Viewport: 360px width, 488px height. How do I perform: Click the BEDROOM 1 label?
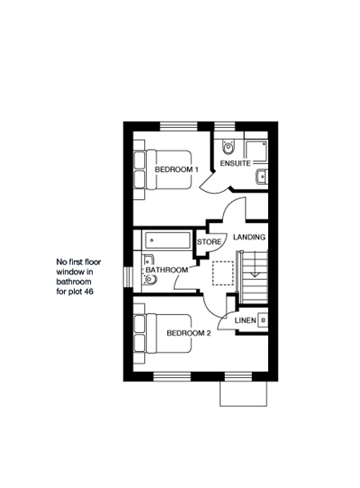coord(176,169)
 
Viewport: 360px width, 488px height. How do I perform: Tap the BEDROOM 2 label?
coord(189,333)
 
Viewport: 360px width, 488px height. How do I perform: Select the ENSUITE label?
coord(235,163)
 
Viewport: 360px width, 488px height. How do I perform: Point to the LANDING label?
coord(249,237)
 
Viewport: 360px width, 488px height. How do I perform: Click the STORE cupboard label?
coord(209,242)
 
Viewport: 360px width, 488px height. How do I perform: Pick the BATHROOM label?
coord(166,270)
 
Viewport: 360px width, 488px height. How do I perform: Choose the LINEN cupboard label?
coord(246,321)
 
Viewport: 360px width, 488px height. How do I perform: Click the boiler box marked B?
coord(263,321)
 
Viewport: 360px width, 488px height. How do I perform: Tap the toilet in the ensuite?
coord(229,147)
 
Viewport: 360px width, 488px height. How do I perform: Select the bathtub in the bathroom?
coord(166,240)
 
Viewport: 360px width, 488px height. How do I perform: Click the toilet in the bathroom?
coord(149,279)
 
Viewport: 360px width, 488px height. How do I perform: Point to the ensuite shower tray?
coord(256,151)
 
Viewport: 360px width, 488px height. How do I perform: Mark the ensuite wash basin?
coord(261,176)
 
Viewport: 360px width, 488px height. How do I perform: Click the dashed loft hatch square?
coord(223,273)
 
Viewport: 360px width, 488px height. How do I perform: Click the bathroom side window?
coord(128,276)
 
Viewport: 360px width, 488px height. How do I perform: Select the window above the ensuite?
coord(225,126)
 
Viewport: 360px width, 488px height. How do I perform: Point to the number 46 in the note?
coord(89,292)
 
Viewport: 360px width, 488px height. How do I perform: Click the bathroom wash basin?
coord(148,261)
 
